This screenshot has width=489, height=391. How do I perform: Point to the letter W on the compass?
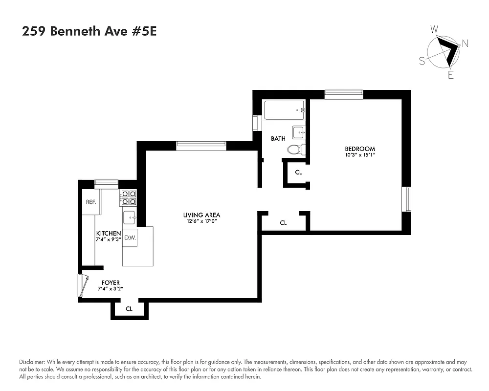point(434,30)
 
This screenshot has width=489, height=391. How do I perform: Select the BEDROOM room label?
point(360,149)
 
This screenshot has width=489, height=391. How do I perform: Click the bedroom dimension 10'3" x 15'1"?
point(360,155)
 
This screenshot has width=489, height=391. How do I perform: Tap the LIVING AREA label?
point(201,215)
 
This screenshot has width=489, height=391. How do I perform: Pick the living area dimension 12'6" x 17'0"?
point(201,221)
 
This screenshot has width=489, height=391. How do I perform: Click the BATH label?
point(278,138)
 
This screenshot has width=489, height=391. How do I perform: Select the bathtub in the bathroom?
point(284,110)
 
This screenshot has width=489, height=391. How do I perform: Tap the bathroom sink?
point(299,132)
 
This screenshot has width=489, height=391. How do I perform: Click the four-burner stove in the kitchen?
point(129,197)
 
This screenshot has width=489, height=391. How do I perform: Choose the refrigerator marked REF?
point(90,202)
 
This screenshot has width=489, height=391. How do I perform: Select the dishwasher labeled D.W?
point(130,238)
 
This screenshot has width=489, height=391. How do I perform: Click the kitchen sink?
point(130,217)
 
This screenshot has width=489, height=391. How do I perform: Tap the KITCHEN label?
point(108,233)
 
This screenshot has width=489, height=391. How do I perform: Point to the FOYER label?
point(111,282)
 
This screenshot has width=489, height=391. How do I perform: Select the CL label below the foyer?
point(129,308)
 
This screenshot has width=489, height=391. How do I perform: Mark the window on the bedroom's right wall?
point(406,199)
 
